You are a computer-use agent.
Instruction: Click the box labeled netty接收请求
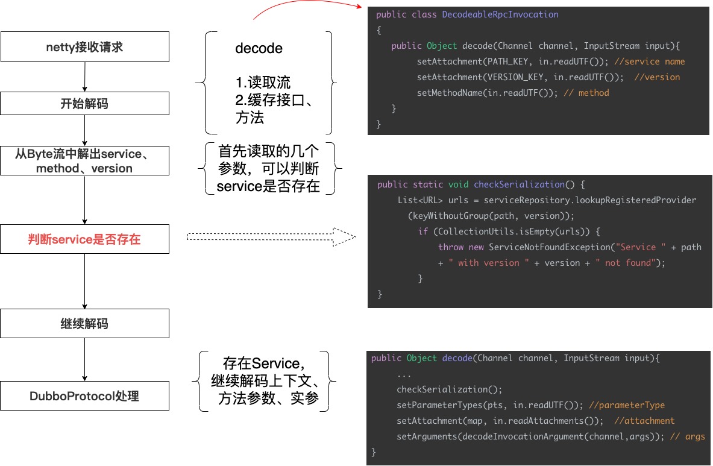(x=84, y=46)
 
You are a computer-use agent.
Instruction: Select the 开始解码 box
(x=84, y=103)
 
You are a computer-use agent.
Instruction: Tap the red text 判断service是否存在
(x=84, y=239)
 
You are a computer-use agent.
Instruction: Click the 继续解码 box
(x=84, y=324)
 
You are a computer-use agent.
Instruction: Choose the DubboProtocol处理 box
(x=84, y=396)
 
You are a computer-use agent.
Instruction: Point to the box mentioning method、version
(x=84, y=161)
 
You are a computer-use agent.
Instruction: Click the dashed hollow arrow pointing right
(x=271, y=236)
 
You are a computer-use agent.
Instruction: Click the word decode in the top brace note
(x=259, y=48)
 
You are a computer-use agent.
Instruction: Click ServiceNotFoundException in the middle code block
(x=550, y=247)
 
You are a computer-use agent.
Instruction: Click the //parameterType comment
(x=627, y=405)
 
